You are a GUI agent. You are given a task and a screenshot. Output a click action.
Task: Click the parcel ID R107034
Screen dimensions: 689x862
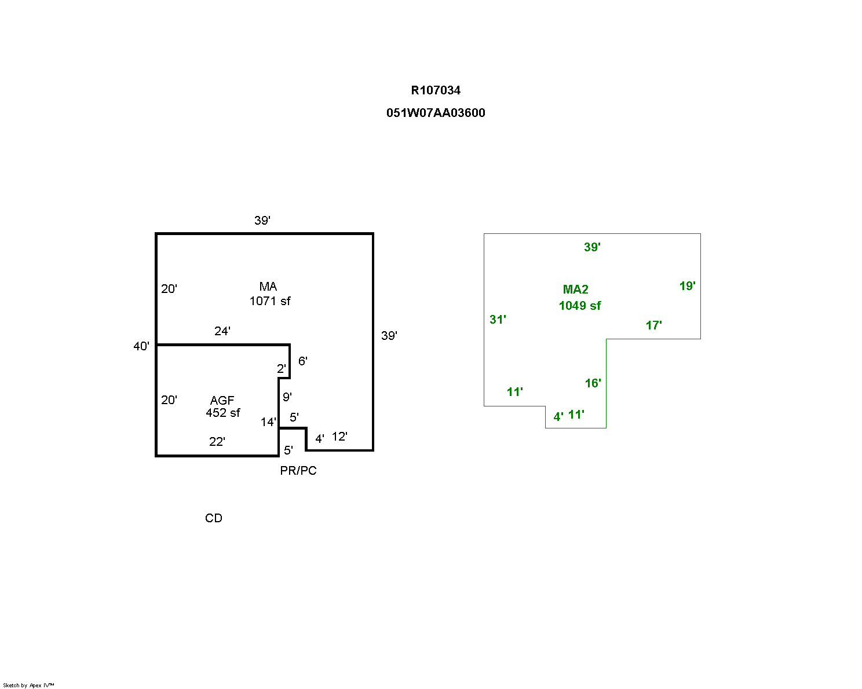coord(436,90)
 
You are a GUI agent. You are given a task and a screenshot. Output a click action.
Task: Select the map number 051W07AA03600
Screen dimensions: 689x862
coord(436,113)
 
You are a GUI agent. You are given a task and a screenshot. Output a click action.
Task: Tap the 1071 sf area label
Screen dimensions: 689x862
coord(270,301)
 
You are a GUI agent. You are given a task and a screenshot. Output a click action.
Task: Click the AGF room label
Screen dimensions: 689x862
coord(222,400)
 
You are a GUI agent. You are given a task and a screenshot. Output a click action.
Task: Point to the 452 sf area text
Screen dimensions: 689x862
coord(223,413)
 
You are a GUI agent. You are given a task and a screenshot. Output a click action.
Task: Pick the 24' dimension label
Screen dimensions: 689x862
coord(222,331)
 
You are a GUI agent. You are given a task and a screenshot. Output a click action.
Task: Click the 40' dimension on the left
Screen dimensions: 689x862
coord(141,346)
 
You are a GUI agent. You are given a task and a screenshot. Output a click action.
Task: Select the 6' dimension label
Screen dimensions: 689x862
coord(303,361)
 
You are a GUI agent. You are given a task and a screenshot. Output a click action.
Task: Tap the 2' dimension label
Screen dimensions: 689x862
coord(282,369)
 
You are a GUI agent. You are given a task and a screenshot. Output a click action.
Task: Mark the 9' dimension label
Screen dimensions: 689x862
coord(287,397)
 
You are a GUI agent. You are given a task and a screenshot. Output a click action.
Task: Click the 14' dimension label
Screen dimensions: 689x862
coord(268,422)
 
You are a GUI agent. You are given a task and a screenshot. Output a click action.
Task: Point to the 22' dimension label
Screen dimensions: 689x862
coord(217,442)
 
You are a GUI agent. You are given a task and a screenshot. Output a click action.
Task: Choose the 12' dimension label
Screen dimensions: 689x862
coord(339,437)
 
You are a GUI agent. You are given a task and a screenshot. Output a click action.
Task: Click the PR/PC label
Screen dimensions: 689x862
coord(298,471)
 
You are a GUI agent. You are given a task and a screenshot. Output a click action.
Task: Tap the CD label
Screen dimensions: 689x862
coord(214,518)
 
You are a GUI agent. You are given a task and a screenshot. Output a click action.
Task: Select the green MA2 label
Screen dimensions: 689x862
coord(576,289)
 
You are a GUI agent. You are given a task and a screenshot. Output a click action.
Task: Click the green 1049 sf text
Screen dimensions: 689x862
coord(580,306)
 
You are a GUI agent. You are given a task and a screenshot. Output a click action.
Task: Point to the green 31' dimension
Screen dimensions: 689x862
coord(498,320)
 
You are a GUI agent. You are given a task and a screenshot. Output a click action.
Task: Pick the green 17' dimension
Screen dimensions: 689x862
coord(654,325)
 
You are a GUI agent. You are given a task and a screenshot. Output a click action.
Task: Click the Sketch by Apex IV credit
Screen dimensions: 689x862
coord(28,685)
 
